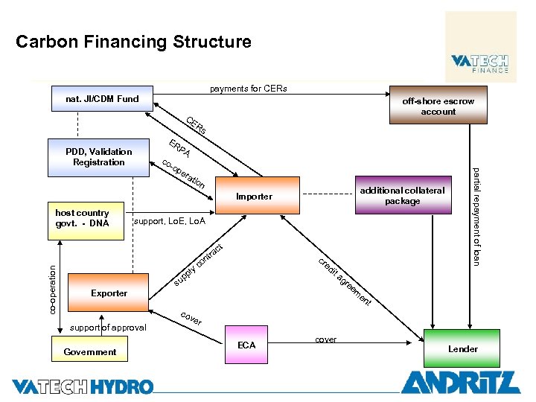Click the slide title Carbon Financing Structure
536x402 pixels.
[x=133, y=42]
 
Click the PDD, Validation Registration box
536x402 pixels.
[x=98, y=157]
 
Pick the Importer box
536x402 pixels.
[x=254, y=197]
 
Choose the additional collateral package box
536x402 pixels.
[x=402, y=196]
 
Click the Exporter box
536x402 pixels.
[x=109, y=293]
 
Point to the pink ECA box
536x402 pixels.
[x=246, y=345]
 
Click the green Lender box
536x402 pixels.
[x=462, y=348]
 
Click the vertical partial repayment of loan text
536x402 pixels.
[x=476, y=216]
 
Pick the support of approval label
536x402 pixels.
[x=108, y=328]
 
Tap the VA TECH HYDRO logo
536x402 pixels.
[x=82, y=386]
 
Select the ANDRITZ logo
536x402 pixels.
[x=460, y=382]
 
